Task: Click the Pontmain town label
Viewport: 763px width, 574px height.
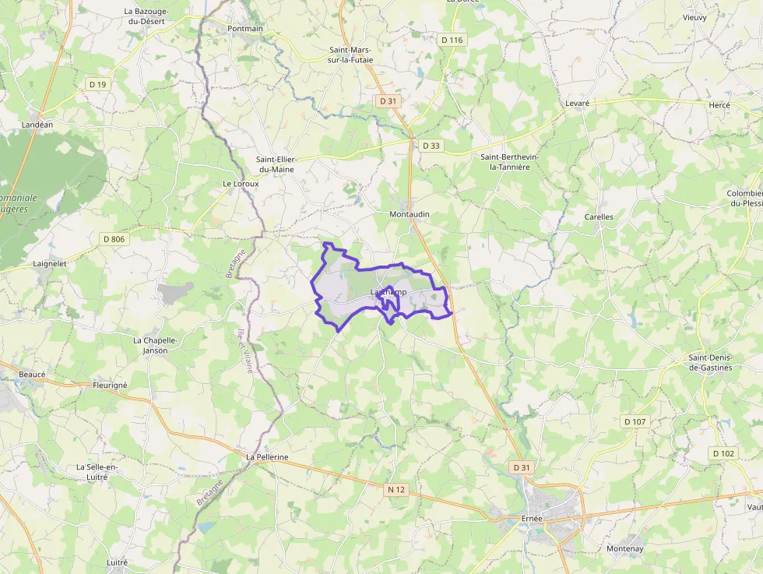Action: tap(245, 29)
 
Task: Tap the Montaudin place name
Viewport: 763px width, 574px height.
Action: tap(410, 214)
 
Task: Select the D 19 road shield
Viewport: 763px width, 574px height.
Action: tap(97, 84)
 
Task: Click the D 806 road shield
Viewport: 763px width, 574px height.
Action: tap(113, 239)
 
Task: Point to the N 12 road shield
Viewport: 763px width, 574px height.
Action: tap(396, 489)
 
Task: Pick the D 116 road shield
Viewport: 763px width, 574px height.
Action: tap(452, 40)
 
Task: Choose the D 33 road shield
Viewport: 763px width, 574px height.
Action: tap(431, 146)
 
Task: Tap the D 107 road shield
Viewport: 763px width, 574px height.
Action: tap(635, 421)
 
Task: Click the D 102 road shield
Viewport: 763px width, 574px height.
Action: tap(723, 453)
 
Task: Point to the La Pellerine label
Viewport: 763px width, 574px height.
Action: tap(267, 457)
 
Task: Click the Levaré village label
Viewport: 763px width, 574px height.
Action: tap(578, 104)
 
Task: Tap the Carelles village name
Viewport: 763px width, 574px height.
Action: tap(599, 217)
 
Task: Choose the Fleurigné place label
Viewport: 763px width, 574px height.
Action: tap(110, 385)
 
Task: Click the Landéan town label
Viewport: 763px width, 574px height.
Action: tap(37, 124)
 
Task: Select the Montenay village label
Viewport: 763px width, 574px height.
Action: tap(625, 548)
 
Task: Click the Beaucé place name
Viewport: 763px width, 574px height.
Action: tap(32, 375)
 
